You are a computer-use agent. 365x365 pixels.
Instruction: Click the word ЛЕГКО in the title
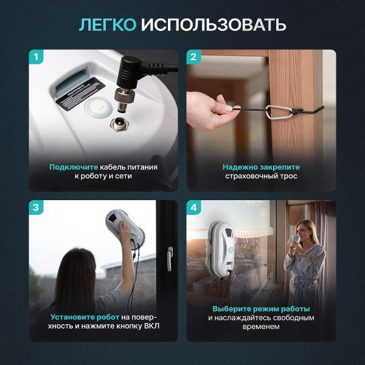pyautogui.click(x=108, y=24)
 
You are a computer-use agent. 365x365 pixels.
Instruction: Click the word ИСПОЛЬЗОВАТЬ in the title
pyautogui.click(x=214, y=24)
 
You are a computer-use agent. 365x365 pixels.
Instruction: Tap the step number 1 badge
pyautogui.click(x=36, y=57)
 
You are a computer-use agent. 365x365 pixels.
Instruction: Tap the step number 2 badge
pyautogui.click(x=193, y=57)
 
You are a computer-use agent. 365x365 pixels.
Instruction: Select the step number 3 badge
pyautogui.click(x=36, y=207)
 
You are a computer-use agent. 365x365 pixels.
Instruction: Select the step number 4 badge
pyautogui.click(x=193, y=207)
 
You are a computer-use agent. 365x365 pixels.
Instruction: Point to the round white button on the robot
pyautogui.click(x=99, y=108)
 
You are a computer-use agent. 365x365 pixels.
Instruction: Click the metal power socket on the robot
pyautogui.click(x=119, y=123)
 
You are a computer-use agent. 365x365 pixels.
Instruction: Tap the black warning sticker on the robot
pyautogui.click(x=81, y=94)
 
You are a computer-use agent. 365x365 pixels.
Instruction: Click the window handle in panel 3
pyautogui.click(x=170, y=259)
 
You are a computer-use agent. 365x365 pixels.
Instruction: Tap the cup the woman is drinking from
pyautogui.click(x=294, y=240)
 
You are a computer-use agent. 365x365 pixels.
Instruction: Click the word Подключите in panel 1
pyautogui.click(x=74, y=167)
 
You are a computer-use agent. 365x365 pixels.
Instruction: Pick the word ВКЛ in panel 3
pyautogui.click(x=151, y=326)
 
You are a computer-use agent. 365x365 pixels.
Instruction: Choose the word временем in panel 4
pyautogui.click(x=261, y=327)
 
